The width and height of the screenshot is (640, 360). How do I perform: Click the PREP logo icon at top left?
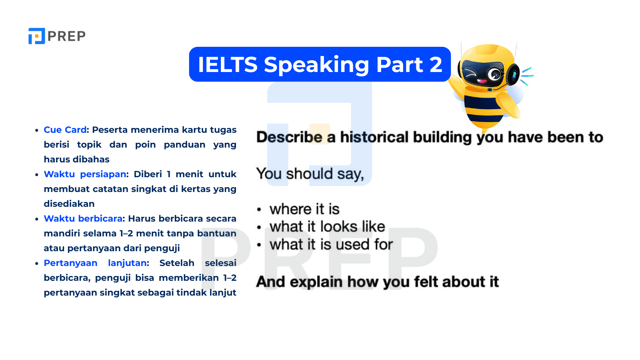point(36,36)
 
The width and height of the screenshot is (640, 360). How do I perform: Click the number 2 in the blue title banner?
point(436,65)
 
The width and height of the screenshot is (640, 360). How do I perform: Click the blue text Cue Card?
point(65,130)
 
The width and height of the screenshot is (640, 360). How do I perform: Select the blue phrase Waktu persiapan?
point(85,174)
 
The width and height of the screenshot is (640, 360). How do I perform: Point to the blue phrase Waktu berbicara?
point(83,219)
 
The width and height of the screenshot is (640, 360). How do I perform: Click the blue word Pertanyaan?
point(70,263)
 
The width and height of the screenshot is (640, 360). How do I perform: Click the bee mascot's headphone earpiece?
point(513,74)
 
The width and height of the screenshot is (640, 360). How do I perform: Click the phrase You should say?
point(310,174)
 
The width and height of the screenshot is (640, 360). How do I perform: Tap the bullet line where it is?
point(304,209)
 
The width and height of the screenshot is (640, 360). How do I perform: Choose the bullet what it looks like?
point(327,227)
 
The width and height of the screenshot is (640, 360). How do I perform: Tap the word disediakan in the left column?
point(69,204)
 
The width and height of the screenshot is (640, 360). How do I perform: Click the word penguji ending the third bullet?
point(162,248)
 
